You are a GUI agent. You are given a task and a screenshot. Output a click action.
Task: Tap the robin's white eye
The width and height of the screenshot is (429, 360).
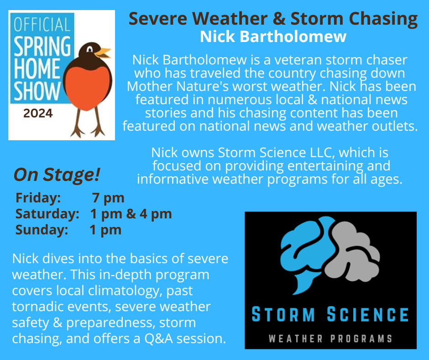[90, 49]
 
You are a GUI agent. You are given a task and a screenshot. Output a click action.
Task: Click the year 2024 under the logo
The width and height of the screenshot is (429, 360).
[38, 113]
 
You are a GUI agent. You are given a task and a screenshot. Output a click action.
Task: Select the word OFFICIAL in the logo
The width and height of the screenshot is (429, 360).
[42, 24]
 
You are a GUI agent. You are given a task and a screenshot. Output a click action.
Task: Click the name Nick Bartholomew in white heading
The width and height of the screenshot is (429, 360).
[273, 37]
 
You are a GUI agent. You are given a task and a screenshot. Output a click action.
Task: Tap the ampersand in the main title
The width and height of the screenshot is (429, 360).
[279, 19]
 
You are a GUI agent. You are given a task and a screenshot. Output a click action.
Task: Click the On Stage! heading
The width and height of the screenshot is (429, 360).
[57, 175]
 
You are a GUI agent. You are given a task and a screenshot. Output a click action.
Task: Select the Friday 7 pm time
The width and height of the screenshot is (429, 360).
[108, 198]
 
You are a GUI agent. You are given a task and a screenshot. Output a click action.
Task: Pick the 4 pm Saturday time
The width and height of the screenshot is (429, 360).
[156, 214]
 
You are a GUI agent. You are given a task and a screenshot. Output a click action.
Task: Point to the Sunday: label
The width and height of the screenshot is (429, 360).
[42, 230]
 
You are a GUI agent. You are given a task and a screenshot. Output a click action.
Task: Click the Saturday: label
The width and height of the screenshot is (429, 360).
[47, 214]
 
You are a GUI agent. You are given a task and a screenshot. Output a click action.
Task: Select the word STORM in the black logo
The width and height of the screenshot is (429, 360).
[283, 314]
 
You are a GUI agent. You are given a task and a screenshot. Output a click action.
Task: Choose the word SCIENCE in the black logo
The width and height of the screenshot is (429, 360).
[368, 314]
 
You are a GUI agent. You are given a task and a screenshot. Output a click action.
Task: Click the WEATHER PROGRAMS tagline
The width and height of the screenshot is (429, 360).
[330, 339]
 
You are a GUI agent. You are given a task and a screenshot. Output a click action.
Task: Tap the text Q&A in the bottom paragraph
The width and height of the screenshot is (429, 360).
[159, 339]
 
